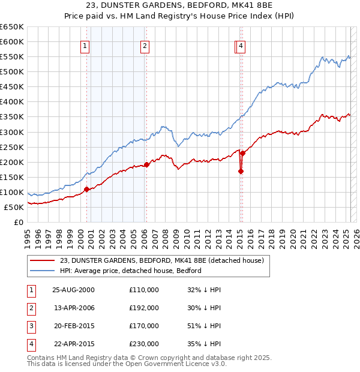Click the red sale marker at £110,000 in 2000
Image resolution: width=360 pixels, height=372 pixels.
pos(86,189)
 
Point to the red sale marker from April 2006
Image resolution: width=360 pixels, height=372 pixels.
pos(146,164)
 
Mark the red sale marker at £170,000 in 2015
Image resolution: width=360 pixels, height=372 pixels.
pos(241,171)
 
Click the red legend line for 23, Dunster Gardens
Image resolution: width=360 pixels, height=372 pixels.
pos(42,260)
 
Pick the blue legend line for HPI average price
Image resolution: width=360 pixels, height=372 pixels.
pos(42,271)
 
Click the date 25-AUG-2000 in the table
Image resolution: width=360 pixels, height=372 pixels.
pos(73,290)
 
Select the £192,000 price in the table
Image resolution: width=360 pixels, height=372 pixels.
pos(144,308)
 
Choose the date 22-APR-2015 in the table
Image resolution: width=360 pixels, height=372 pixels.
pos(73,344)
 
